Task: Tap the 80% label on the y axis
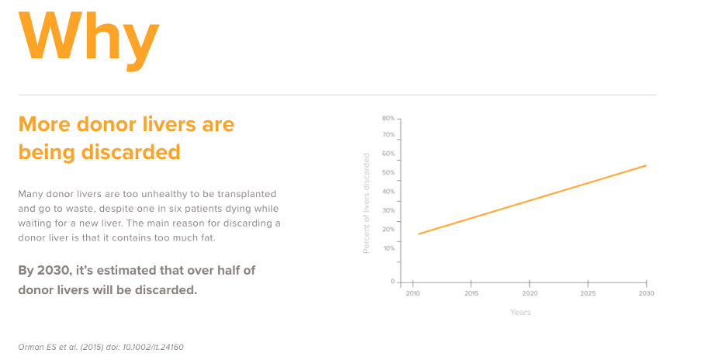pos(389,118)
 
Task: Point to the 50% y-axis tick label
pos(389,173)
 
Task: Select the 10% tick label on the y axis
pos(389,248)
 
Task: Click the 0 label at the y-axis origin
pos(392,282)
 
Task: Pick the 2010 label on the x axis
pos(413,293)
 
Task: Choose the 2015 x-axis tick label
pos(472,293)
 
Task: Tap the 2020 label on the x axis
pos(530,293)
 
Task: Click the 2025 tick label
pos(588,293)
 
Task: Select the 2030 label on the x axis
pos(646,293)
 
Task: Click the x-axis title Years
pos(520,312)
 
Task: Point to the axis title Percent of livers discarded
pos(367,203)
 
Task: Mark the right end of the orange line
pos(646,165)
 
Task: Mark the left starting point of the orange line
pos(419,234)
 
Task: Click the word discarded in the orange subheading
pos(131,152)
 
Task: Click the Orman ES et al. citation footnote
pos(101,347)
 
